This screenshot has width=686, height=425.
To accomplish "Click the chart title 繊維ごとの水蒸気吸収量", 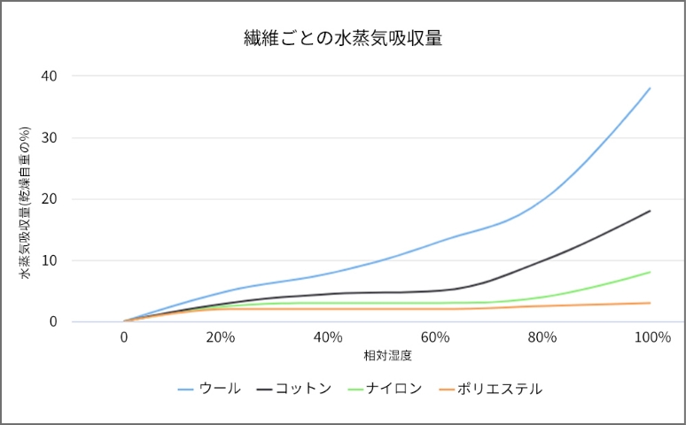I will tap(343, 38).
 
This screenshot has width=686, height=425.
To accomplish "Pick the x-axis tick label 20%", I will tap(220, 337).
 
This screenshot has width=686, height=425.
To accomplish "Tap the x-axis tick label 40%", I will tap(328, 337).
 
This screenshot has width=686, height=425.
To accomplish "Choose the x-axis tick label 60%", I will tap(435, 337).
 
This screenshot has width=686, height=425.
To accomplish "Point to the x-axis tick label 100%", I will tap(652, 337).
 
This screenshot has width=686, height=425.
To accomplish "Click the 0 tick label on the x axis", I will tap(124, 337).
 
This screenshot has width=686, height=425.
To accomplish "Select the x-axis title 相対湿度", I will tap(388, 356).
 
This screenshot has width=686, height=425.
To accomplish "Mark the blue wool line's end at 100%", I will tap(651, 89).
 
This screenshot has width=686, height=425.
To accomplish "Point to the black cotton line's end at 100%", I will tap(651, 211).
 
